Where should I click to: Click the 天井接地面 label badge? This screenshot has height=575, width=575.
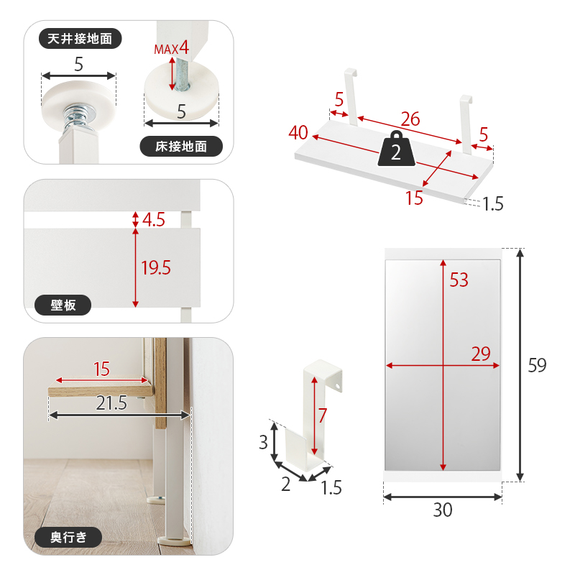[80, 39]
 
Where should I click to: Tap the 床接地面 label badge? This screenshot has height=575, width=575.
[181, 147]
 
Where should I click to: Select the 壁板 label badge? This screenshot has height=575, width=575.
[63, 305]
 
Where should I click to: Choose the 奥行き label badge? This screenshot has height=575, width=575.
[68, 537]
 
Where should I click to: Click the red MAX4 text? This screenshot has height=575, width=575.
[172, 48]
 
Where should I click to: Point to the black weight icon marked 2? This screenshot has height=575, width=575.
[397, 149]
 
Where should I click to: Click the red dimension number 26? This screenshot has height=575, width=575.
[410, 119]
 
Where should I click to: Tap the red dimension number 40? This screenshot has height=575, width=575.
[298, 133]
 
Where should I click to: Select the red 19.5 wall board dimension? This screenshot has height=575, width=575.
[156, 267]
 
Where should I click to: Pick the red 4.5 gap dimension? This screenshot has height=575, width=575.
[154, 220]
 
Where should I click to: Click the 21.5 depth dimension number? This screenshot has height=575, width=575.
[111, 403]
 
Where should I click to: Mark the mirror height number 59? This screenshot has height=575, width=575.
[537, 365]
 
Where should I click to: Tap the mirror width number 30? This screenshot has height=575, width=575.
[443, 510]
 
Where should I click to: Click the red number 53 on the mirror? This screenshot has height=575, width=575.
[459, 280]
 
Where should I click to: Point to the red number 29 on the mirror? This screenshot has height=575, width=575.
[481, 354]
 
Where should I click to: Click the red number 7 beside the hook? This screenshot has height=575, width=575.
[323, 415]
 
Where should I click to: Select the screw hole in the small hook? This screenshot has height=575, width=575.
[338, 387]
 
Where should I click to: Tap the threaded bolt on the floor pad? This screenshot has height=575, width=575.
[181, 73]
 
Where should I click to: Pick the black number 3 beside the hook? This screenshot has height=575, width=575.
[263, 442]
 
